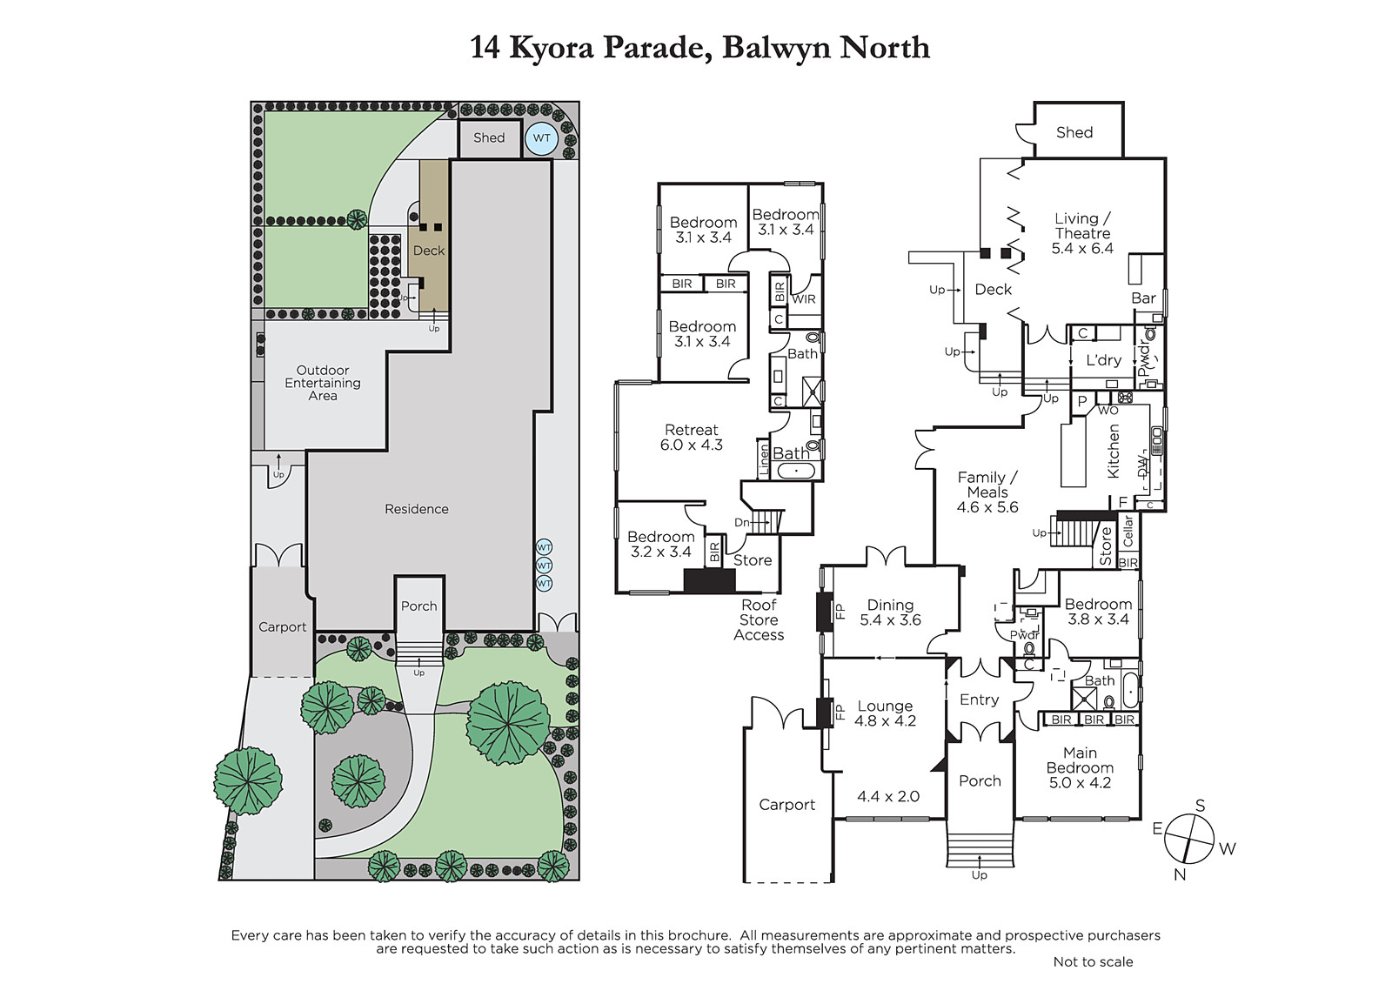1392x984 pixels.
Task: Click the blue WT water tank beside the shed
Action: click(x=541, y=138)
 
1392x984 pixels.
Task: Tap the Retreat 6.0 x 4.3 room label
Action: click(x=691, y=437)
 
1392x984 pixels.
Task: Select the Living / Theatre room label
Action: click(x=1082, y=233)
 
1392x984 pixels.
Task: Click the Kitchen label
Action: click(x=1113, y=452)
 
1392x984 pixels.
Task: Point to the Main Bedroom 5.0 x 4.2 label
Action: click(x=1080, y=767)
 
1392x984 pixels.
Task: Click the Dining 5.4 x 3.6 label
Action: click(x=890, y=612)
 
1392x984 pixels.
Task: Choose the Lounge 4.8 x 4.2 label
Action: click(x=885, y=713)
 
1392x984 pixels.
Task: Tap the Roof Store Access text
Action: click(x=759, y=619)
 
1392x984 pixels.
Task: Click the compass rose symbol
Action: click(x=1188, y=840)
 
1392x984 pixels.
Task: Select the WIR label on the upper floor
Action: click(x=804, y=299)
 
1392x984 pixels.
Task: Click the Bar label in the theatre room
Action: click(x=1143, y=298)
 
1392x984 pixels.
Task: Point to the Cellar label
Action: click(x=1128, y=531)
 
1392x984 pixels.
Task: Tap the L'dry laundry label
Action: click(x=1104, y=360)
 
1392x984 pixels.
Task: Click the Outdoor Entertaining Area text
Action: click(x=323, y=383)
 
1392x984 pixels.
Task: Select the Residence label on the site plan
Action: click(x=417, y=509)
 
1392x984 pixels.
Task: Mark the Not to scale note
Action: click(x=1093, y=961)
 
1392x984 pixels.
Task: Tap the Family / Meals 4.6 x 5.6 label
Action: click(x=987, y=492)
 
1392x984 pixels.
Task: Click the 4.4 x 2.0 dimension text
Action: click(x=888, y=796)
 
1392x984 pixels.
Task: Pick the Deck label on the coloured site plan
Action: click(x=429, y=251)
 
